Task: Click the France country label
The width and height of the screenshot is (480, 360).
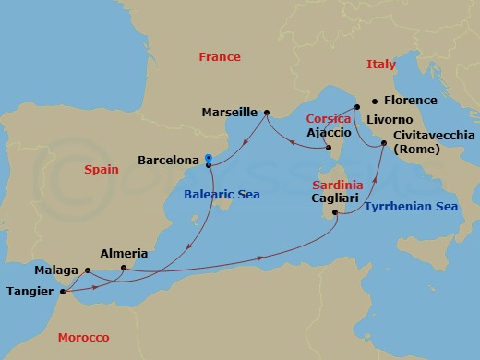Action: pos(220,57)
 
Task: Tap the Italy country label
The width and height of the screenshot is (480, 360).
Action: pos(380,65)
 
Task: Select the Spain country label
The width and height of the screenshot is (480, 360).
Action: pos(102,171)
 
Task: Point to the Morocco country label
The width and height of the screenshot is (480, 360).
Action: pos(82,337)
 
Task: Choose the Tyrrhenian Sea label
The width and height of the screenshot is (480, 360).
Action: pos(411,208)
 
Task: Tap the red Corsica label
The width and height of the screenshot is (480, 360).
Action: pos(328,119)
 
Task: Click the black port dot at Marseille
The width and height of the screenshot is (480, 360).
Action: pos(266,114)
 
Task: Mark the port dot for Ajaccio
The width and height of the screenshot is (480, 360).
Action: pos(330,145)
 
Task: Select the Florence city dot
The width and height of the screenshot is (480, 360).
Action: pos(374,101)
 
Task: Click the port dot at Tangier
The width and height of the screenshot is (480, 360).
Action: pos(62,294)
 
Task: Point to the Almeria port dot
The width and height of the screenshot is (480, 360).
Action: pos(123,269)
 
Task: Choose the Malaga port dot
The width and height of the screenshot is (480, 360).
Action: pos(87,270)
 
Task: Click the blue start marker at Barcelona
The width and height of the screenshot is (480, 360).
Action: pos(210,157)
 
